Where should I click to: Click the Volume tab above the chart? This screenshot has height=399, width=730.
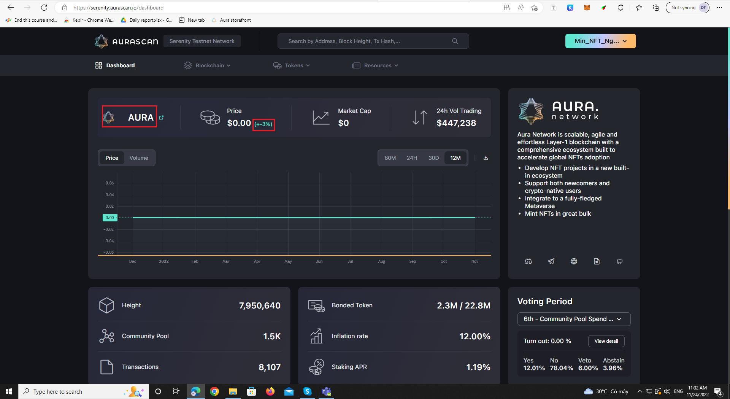click(139, 158)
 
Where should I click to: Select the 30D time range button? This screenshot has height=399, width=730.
click(433, 158)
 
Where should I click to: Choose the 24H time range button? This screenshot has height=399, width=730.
click(412, 158)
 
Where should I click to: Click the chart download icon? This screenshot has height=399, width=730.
click(486, 158)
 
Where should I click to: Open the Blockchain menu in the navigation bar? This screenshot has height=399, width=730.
click(208, 65)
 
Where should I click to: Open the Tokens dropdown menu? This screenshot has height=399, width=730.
click(292, 65)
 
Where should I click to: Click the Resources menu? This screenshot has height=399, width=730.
click(375, 65)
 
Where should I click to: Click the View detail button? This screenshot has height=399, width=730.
click(606, 341)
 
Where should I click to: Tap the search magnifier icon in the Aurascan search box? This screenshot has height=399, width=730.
click(455, 41)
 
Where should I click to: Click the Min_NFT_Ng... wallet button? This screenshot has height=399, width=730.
click(600, 41)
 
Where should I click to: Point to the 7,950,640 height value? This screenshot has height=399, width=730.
click(260, 306)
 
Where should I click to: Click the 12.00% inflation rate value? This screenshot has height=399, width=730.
click(474, 337)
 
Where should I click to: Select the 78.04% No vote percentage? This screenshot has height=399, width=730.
click(561, 368)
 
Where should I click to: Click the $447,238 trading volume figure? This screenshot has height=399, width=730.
click(456, 123)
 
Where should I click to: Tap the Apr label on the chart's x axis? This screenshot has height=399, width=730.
click(257, 262)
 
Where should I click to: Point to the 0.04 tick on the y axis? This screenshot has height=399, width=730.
click(109, 195)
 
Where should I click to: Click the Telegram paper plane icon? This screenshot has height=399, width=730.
click(551, 261)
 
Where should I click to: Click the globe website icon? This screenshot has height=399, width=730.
click(574, 261)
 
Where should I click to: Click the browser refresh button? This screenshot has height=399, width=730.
click(44, 8)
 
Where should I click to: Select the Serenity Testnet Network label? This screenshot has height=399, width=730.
click(202, 41)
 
